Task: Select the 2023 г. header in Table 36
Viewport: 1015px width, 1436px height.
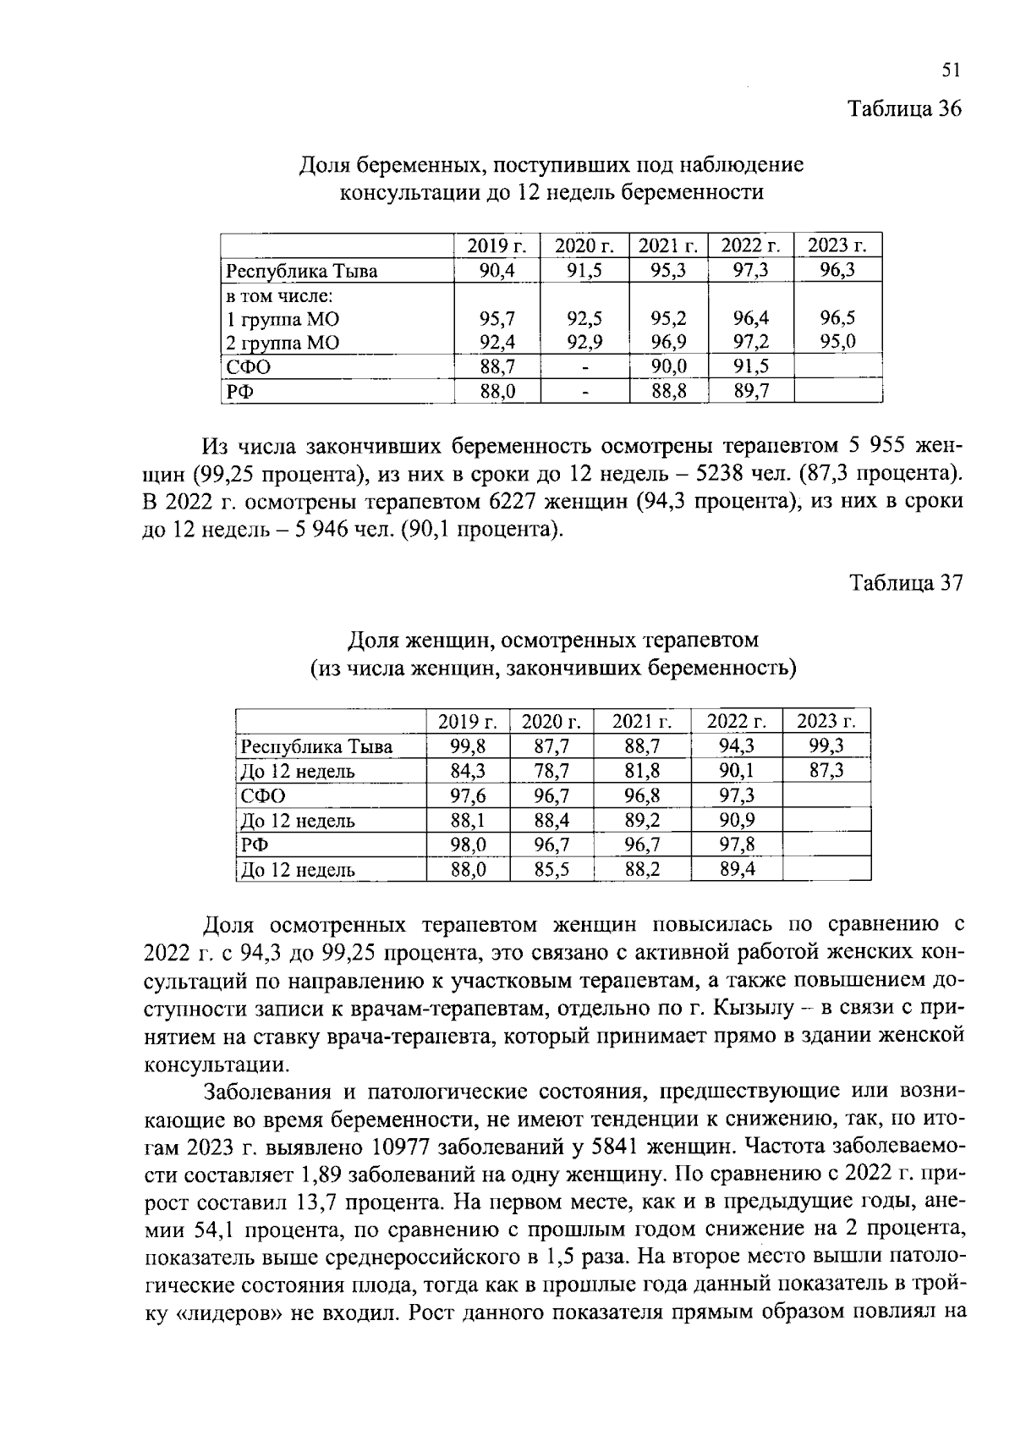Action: point(837,246)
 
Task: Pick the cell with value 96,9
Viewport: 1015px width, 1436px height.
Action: point(668,343)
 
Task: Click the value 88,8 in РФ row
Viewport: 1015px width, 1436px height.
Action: point(668,392)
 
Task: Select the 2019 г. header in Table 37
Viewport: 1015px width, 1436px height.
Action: point(468,722)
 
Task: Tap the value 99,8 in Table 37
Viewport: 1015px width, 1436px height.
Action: point(468,746)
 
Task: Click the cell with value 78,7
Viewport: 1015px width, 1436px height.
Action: point(551,771)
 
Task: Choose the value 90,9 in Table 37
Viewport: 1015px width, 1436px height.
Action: point(737,820)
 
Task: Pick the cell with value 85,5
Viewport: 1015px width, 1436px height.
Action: point(551,869)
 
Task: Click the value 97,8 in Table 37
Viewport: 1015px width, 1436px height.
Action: point(737,845)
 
